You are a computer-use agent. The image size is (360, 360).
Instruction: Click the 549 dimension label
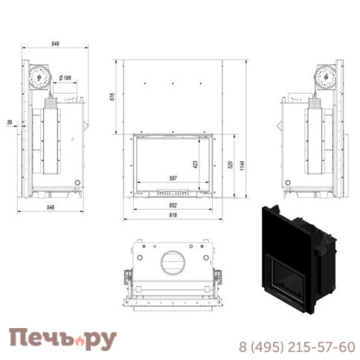coord(55,44)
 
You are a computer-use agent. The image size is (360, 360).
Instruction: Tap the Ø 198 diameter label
coord(65,78)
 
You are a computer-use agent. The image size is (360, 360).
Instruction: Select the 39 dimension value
coord(10,122)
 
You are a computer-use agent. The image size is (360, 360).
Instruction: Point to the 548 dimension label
coord(51,208)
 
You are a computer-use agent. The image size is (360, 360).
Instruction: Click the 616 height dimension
coord(112,97)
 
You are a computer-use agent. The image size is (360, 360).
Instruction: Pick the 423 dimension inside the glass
coord(196,165)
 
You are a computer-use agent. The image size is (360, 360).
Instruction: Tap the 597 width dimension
coord(173,179)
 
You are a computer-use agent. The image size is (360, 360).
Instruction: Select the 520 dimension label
coord(231,165)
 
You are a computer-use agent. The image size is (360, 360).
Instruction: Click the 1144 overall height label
coord(242,166)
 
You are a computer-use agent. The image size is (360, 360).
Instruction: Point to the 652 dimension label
coord(173,205)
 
